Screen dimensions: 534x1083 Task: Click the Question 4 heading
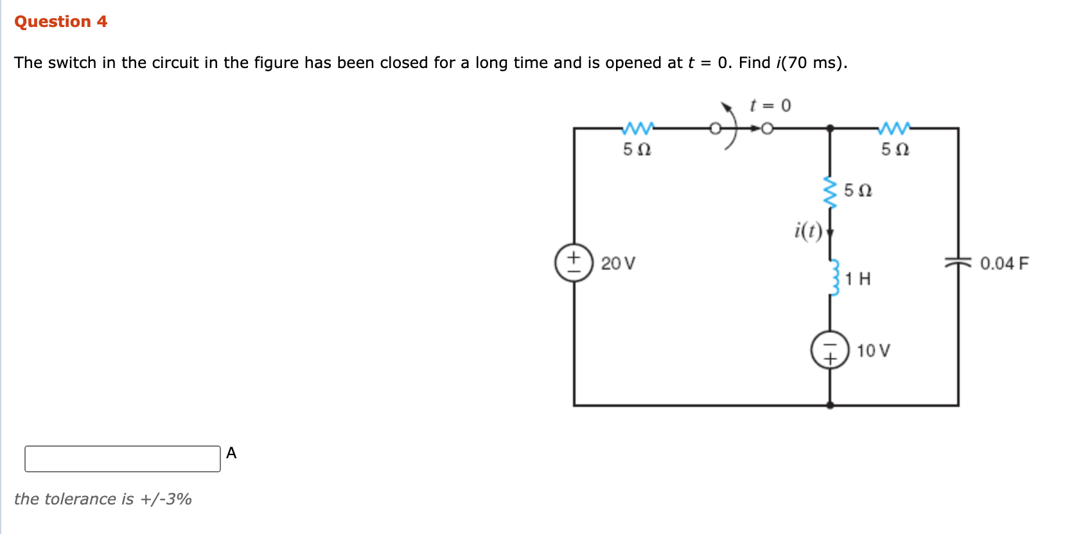point(60,22)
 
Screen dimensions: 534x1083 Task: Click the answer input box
point(122,459)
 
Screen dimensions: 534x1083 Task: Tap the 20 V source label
point(618,264)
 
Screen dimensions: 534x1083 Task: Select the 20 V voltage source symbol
point(574,263)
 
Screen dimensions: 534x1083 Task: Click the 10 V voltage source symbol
point(830,350)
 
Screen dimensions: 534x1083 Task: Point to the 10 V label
point(873,351)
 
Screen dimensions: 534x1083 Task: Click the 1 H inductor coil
point(834,277)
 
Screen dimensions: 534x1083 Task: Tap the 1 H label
point(858,279)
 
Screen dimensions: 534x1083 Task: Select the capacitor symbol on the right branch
point(958,263)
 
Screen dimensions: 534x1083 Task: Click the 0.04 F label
point(1004,264)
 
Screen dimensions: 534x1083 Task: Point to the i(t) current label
point(808,230)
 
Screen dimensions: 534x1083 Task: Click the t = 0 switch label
point(770,105)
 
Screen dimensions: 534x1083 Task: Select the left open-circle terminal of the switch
point(715,128)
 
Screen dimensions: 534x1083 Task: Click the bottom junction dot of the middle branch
point(830,405)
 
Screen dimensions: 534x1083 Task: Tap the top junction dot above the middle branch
point(830,128)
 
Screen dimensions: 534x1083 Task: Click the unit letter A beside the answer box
point(231,453)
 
